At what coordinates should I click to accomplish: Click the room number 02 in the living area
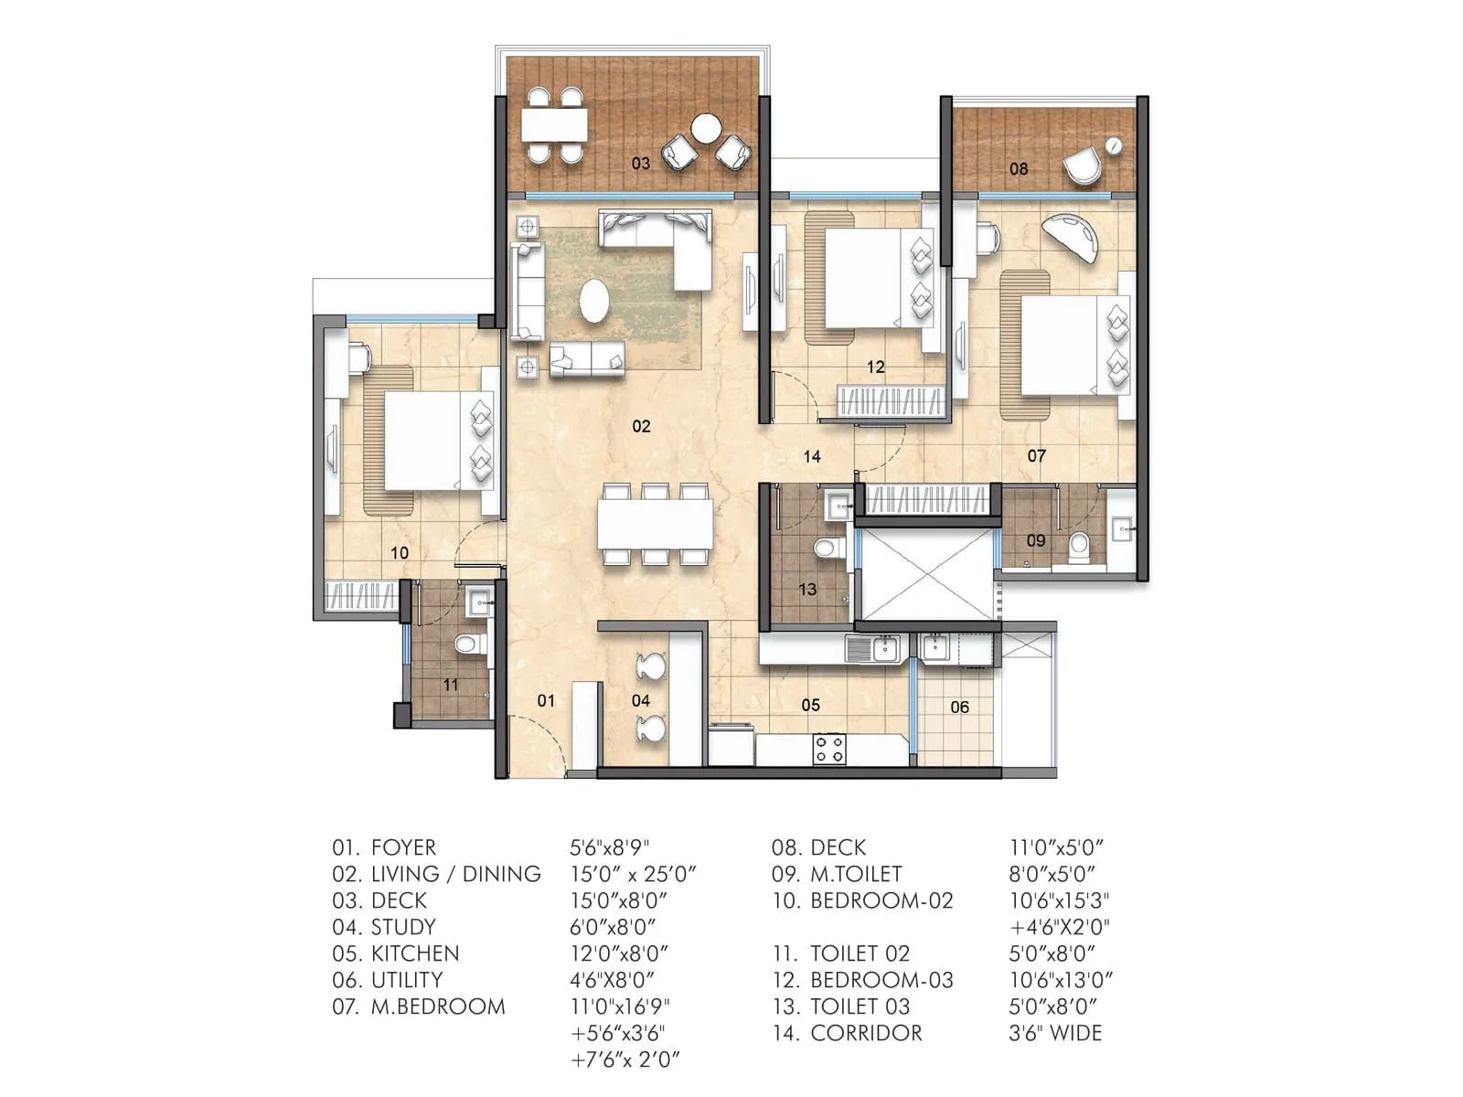pos(641,426)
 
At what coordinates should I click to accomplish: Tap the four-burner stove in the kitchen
pos(829,749)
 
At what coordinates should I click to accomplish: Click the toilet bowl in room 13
pos(827,548)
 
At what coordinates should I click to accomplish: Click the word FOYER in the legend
pos(403,847)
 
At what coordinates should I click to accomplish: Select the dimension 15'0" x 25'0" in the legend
pos(633,874)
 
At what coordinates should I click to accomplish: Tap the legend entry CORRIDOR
pos(866,1033)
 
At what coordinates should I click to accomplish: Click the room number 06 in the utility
pos(959,707)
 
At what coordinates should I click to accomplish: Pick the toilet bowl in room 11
pos(467,644)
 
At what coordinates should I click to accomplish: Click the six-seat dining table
pos(655,527)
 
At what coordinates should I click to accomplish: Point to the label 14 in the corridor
pos(812,456)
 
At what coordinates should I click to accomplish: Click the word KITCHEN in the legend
pos(415,953)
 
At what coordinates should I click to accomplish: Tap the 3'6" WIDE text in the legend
pos(1055,1033)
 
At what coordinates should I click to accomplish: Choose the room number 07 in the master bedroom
pos(1036,455)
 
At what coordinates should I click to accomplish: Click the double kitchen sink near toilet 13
pos(874,649)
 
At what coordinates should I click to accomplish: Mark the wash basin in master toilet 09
pos(1121,527)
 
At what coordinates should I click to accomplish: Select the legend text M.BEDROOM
pos(438,1006)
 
